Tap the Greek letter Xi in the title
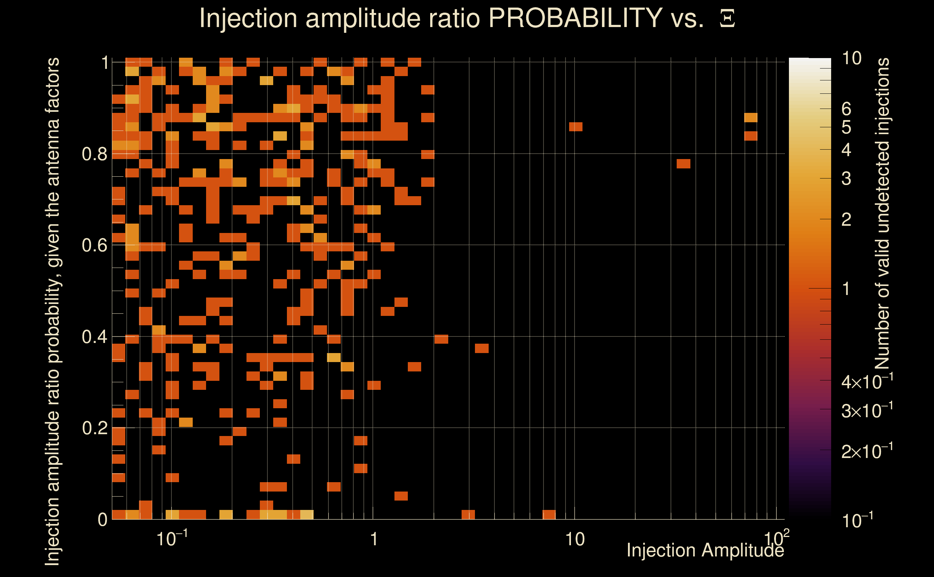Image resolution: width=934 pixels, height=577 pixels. pos(727,19)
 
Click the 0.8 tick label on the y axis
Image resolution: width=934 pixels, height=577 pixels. pos(94,154)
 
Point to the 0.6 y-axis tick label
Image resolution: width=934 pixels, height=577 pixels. pos(94,245)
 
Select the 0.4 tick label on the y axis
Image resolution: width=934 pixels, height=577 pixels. pos(94,337)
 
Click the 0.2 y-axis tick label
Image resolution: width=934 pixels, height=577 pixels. pos(94,428)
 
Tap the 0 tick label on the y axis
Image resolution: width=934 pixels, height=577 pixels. pos(102,520)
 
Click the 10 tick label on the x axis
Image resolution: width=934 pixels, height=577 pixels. pos(575,539)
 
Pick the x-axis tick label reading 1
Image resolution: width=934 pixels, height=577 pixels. pos(374,539)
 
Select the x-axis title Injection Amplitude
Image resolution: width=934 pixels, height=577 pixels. pos(705,550)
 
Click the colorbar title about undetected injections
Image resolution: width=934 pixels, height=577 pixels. pos(882,214)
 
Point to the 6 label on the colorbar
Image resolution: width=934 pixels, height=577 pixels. pos(846,109)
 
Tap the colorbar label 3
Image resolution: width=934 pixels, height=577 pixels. pos(846,179)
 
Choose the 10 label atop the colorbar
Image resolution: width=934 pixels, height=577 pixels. pos(851,58)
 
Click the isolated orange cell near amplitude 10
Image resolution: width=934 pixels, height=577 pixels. pos(575,127)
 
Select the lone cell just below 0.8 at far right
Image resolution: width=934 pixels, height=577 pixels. pos(683,164)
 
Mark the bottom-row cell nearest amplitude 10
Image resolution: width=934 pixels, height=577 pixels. pos(549,514)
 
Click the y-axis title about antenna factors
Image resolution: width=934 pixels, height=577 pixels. pos(52,311)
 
